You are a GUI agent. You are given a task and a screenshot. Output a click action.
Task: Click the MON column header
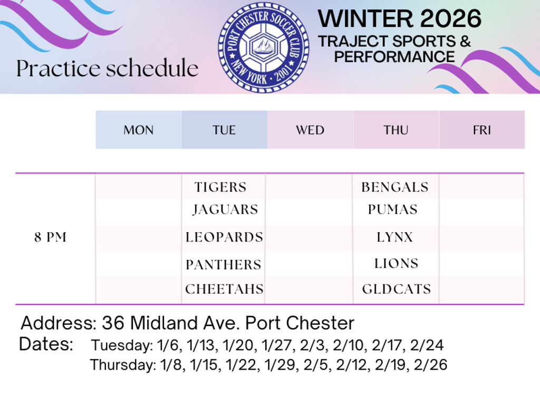(x=139, y=130)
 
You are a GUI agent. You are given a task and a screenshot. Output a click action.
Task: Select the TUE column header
(x=224, y=130)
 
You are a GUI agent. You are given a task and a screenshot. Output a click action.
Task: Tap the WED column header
(x=310, y=130)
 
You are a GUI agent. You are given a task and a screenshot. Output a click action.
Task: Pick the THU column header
(x=396, y=130)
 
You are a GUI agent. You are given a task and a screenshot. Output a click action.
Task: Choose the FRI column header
(x=482, y=130)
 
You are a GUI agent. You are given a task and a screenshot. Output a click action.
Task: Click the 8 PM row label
(x=50, y=237)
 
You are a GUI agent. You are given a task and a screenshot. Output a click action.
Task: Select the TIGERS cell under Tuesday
(x=220, y=187)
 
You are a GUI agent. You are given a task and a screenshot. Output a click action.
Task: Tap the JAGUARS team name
(x=225, y=209)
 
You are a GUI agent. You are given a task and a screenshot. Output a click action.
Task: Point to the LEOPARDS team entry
(x=224, y=237)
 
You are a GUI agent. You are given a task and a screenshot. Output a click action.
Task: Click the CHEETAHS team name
(x=224, y=289)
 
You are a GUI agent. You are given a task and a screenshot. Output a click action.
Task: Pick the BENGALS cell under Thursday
(x=395, y=187)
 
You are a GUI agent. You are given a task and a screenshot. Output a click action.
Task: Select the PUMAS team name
(x=392, y=209)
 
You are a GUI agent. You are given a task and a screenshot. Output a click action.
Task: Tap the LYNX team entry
(x=394, y=237)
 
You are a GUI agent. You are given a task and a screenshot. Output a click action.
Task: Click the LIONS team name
(x=397, y=264)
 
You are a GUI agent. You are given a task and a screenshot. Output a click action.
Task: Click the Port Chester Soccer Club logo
(x=264, y=47)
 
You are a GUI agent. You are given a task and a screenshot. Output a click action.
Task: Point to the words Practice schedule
(x=108, y=68)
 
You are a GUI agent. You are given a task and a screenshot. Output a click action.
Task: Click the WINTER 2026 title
(x=400, y=18)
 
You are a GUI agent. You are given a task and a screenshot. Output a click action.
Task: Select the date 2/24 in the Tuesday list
(x=427, y=345)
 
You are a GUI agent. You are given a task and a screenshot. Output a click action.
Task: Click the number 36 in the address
(x=113, y=323)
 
